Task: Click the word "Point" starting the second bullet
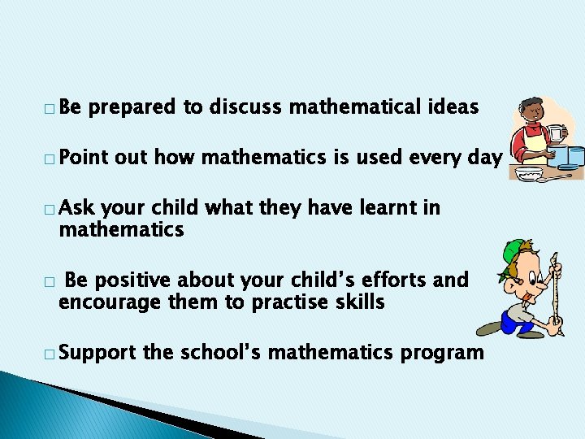point(84,158)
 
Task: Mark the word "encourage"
point(102,302)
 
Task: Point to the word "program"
point(443,354)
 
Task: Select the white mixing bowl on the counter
point(529,172)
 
